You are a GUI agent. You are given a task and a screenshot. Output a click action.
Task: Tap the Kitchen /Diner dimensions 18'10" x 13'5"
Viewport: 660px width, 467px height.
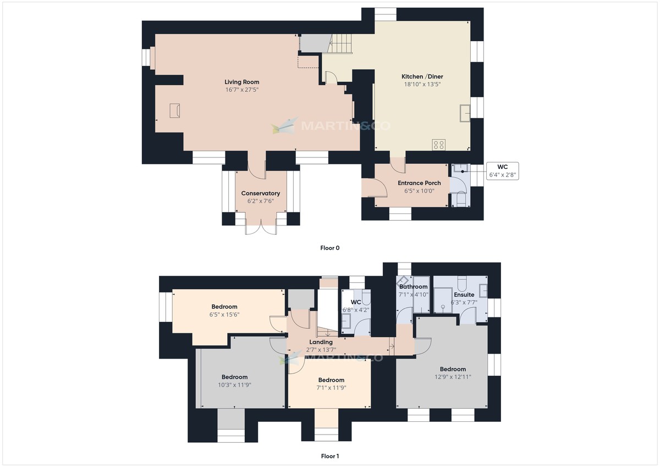coord(422,84)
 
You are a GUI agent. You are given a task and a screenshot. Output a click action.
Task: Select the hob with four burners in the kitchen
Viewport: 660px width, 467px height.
coord(439,145)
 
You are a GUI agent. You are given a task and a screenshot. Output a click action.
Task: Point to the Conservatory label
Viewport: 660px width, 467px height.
coord(261,193)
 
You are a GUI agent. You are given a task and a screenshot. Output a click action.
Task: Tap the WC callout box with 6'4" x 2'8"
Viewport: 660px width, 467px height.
coord(503,171)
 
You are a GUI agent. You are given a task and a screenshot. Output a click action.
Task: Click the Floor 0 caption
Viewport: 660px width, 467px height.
coord(330,248)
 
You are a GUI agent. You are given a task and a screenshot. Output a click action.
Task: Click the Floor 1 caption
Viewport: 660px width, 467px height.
coord(330,456)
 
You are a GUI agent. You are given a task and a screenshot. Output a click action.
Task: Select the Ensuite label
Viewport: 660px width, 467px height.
coord(464,295)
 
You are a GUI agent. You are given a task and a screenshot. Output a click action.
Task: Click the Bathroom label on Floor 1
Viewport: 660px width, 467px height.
coord(413,287)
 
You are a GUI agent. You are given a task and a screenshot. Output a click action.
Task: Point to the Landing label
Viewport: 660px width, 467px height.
coord(321,342)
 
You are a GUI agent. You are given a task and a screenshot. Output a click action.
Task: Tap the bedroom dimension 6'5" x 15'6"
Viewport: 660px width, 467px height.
coord(224,315)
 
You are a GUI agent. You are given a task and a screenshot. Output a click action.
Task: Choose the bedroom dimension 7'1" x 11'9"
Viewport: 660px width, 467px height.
coord(331,387)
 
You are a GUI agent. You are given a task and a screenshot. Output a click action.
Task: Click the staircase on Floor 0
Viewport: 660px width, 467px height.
coord(339,43)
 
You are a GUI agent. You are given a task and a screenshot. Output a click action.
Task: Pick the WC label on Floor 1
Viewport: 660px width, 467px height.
coord(356,303)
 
